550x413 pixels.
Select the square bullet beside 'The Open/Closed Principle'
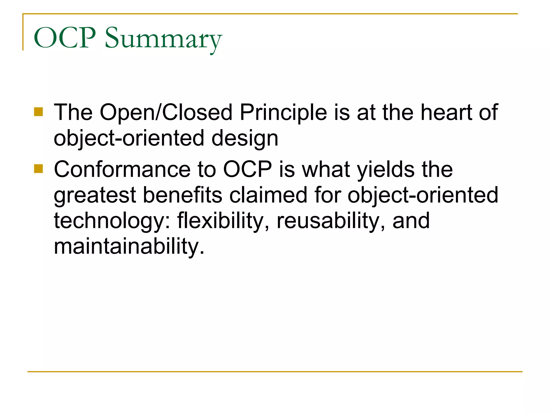[x=39, y=112]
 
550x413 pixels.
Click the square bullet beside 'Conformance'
[x=39, y=169]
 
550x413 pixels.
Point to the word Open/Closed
[x=166, y=112]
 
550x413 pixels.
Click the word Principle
[x=283, y=112]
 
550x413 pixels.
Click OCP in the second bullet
[x=247, y=169]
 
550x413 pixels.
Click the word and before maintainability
[x=411, y=220]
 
